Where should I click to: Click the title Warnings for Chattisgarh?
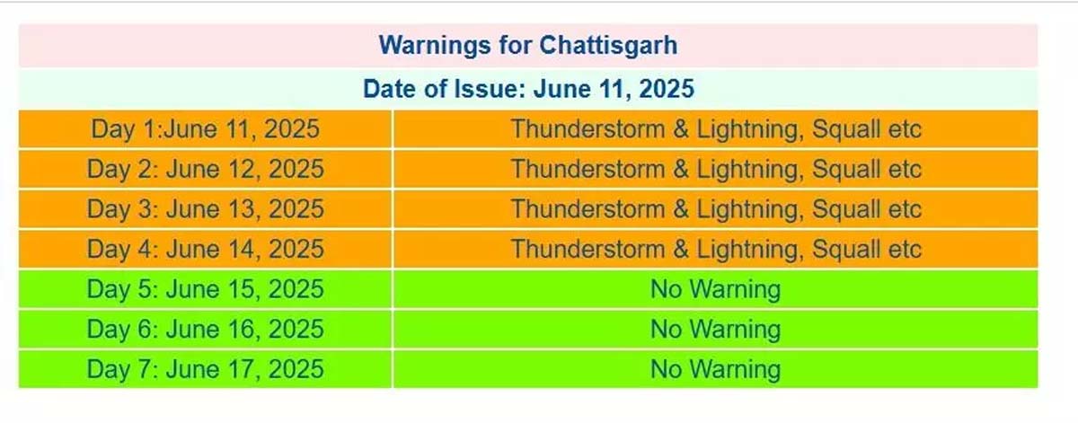(527, 45)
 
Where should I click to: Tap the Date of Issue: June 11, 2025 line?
(527, 89)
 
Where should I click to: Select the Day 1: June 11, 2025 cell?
(205, 129)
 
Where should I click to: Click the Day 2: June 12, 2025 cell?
(205, 169)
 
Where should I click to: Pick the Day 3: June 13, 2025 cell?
(205, 209)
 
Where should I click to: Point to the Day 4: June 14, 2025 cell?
(205, 249)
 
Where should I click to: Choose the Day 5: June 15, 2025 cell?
(205, 289)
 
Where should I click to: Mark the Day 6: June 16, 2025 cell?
(205, 329)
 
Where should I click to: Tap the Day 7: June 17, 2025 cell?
(205, 369)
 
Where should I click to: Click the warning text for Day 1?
(716, 129)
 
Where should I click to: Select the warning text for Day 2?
(716, 169)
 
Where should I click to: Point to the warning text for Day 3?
(716, 209)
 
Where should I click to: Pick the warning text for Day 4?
(716, 249)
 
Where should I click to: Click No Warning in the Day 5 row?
(715, 289)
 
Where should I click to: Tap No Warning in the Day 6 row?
(715, 329)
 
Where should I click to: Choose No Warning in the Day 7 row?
(715, 369)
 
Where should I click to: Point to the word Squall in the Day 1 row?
(846, 129)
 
